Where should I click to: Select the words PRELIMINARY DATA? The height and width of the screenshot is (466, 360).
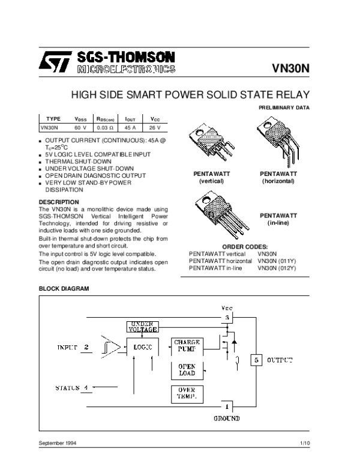point(284,107)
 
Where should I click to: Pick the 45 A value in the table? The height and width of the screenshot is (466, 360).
point(130,128)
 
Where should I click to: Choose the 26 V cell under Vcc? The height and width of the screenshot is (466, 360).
point(155,128)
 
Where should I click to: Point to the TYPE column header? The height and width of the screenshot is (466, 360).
point(53,119)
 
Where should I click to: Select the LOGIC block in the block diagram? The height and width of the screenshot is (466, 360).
point(143,348)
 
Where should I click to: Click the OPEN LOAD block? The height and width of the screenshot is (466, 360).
point(187,369)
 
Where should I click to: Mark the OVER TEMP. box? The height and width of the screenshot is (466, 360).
point(187,393)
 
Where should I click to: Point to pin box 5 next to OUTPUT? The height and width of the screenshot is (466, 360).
point(256,360)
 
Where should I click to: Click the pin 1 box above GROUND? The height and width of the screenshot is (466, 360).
point(227,407)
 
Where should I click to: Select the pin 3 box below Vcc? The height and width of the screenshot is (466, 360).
point(227,316)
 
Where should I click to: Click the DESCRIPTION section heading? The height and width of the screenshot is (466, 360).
point(59,202)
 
